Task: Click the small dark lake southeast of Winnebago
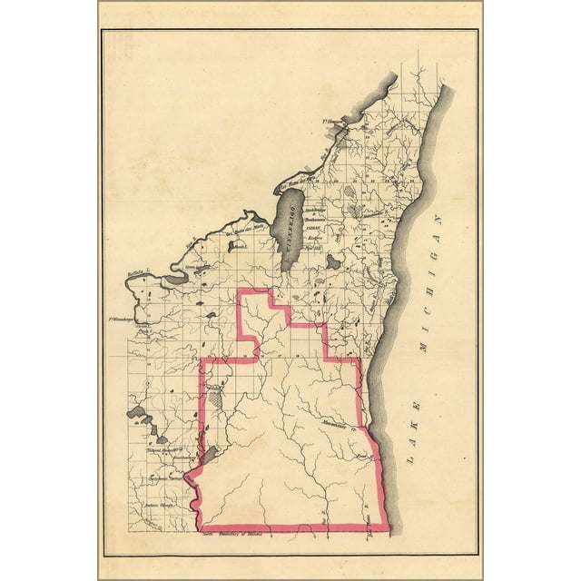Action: coord(333,261)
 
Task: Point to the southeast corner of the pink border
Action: coord(389,529)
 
